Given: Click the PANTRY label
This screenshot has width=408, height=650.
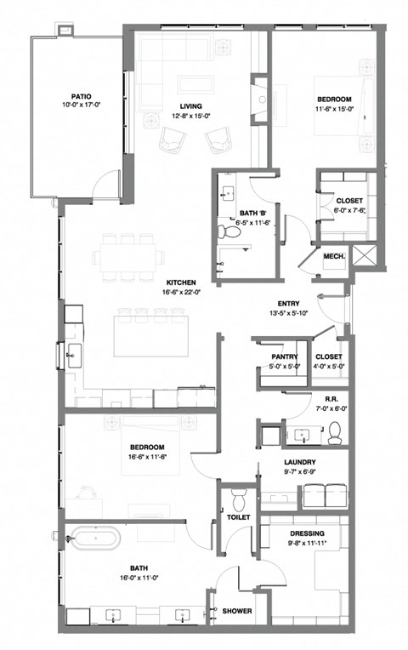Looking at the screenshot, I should (x=283, y=356).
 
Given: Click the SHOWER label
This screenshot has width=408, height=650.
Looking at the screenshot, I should (x=236, y=611).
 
